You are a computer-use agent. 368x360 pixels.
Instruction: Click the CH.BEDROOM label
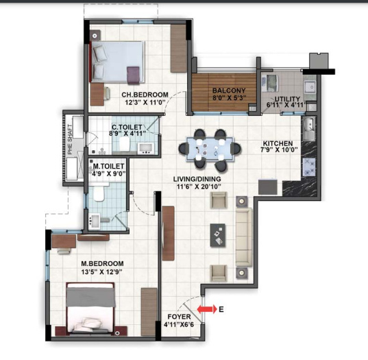[x=145, y=95]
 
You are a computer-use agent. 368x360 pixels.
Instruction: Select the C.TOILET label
[x=127, y=127]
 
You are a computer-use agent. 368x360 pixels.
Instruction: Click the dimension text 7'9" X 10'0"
[x=279, y=153]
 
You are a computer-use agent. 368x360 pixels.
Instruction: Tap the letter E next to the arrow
[x=221, y=309]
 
